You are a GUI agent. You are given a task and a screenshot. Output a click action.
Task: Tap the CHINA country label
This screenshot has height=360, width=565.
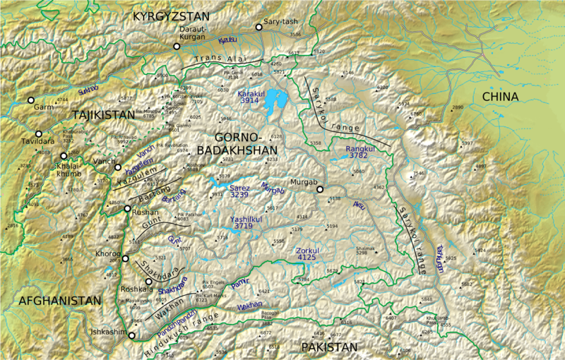click(x=500, y=97)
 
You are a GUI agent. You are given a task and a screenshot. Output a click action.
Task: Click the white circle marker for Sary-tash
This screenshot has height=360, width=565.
click(x=259, y=27)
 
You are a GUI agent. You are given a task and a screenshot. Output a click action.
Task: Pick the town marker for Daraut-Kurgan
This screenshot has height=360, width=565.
click(x=177, y=47)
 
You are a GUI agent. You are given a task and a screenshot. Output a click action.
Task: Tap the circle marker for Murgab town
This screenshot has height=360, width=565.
click(x=319, y=189)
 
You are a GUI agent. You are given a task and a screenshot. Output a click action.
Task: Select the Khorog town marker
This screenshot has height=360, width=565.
click(x=125, y=258)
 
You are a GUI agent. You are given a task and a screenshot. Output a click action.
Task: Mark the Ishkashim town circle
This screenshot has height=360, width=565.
click(x=131, y=336)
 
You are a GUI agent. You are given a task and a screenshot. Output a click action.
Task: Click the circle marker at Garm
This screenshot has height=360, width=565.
click(x=30, y=100)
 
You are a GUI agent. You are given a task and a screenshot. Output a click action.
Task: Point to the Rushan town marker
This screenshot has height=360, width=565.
click(x=127, y=209)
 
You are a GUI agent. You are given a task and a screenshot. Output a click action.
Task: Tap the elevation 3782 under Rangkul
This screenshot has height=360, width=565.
click(x=359, y=157)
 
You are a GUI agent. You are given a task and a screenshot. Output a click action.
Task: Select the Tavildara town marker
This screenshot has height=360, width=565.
click(x=39, y=133)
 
